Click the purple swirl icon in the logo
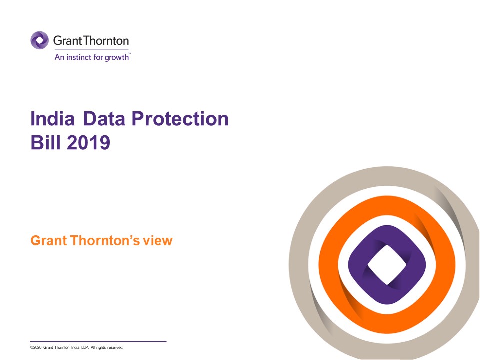coord(39,40)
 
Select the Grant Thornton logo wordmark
coord(91,41)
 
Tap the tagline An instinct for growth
coord(91,57)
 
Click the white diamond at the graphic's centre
coord(386,262)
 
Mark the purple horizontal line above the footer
coord(98,342)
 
